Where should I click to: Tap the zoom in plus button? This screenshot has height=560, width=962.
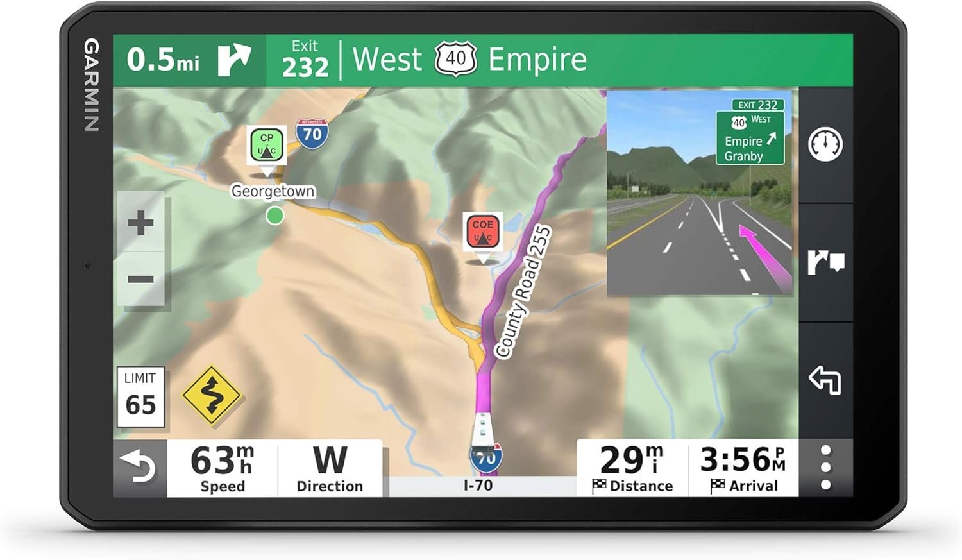pyautogui.click(x=140, y=224)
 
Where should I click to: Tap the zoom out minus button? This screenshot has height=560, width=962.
pyautogui.click(x=140, y=279)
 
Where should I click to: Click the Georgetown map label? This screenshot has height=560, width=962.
pyautogui.click(x=273, y=191)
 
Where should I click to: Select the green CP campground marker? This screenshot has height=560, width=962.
pyautogui.click(x=267, y=146)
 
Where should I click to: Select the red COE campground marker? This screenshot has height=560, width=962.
pyautogui.click(x=482, y=232)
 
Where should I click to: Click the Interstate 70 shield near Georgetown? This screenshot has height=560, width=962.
pyautogui.click(x=312, y=133)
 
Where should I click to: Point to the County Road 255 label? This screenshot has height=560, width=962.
pyautogui.click(x=523, y=291)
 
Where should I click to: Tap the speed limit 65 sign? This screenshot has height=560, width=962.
pyautogui.click(x=140, y=396)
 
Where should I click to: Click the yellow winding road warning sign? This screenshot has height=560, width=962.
pyautogui.click(x=212, y=396)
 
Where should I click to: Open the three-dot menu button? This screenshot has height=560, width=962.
pyautogui.click(x=825, y=468)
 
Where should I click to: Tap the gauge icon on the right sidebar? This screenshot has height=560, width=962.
pyautogui.click(x=825, y=144)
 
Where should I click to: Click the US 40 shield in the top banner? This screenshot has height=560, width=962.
pyautogui.click(x=455, y=59)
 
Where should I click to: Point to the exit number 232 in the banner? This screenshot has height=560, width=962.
pyautogui.click(x=305, y=67)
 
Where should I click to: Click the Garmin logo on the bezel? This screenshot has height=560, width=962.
pyautogui.click(x=92, y=85)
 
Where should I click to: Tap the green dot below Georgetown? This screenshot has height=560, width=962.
pyautogui.click(x=275, y=216)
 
